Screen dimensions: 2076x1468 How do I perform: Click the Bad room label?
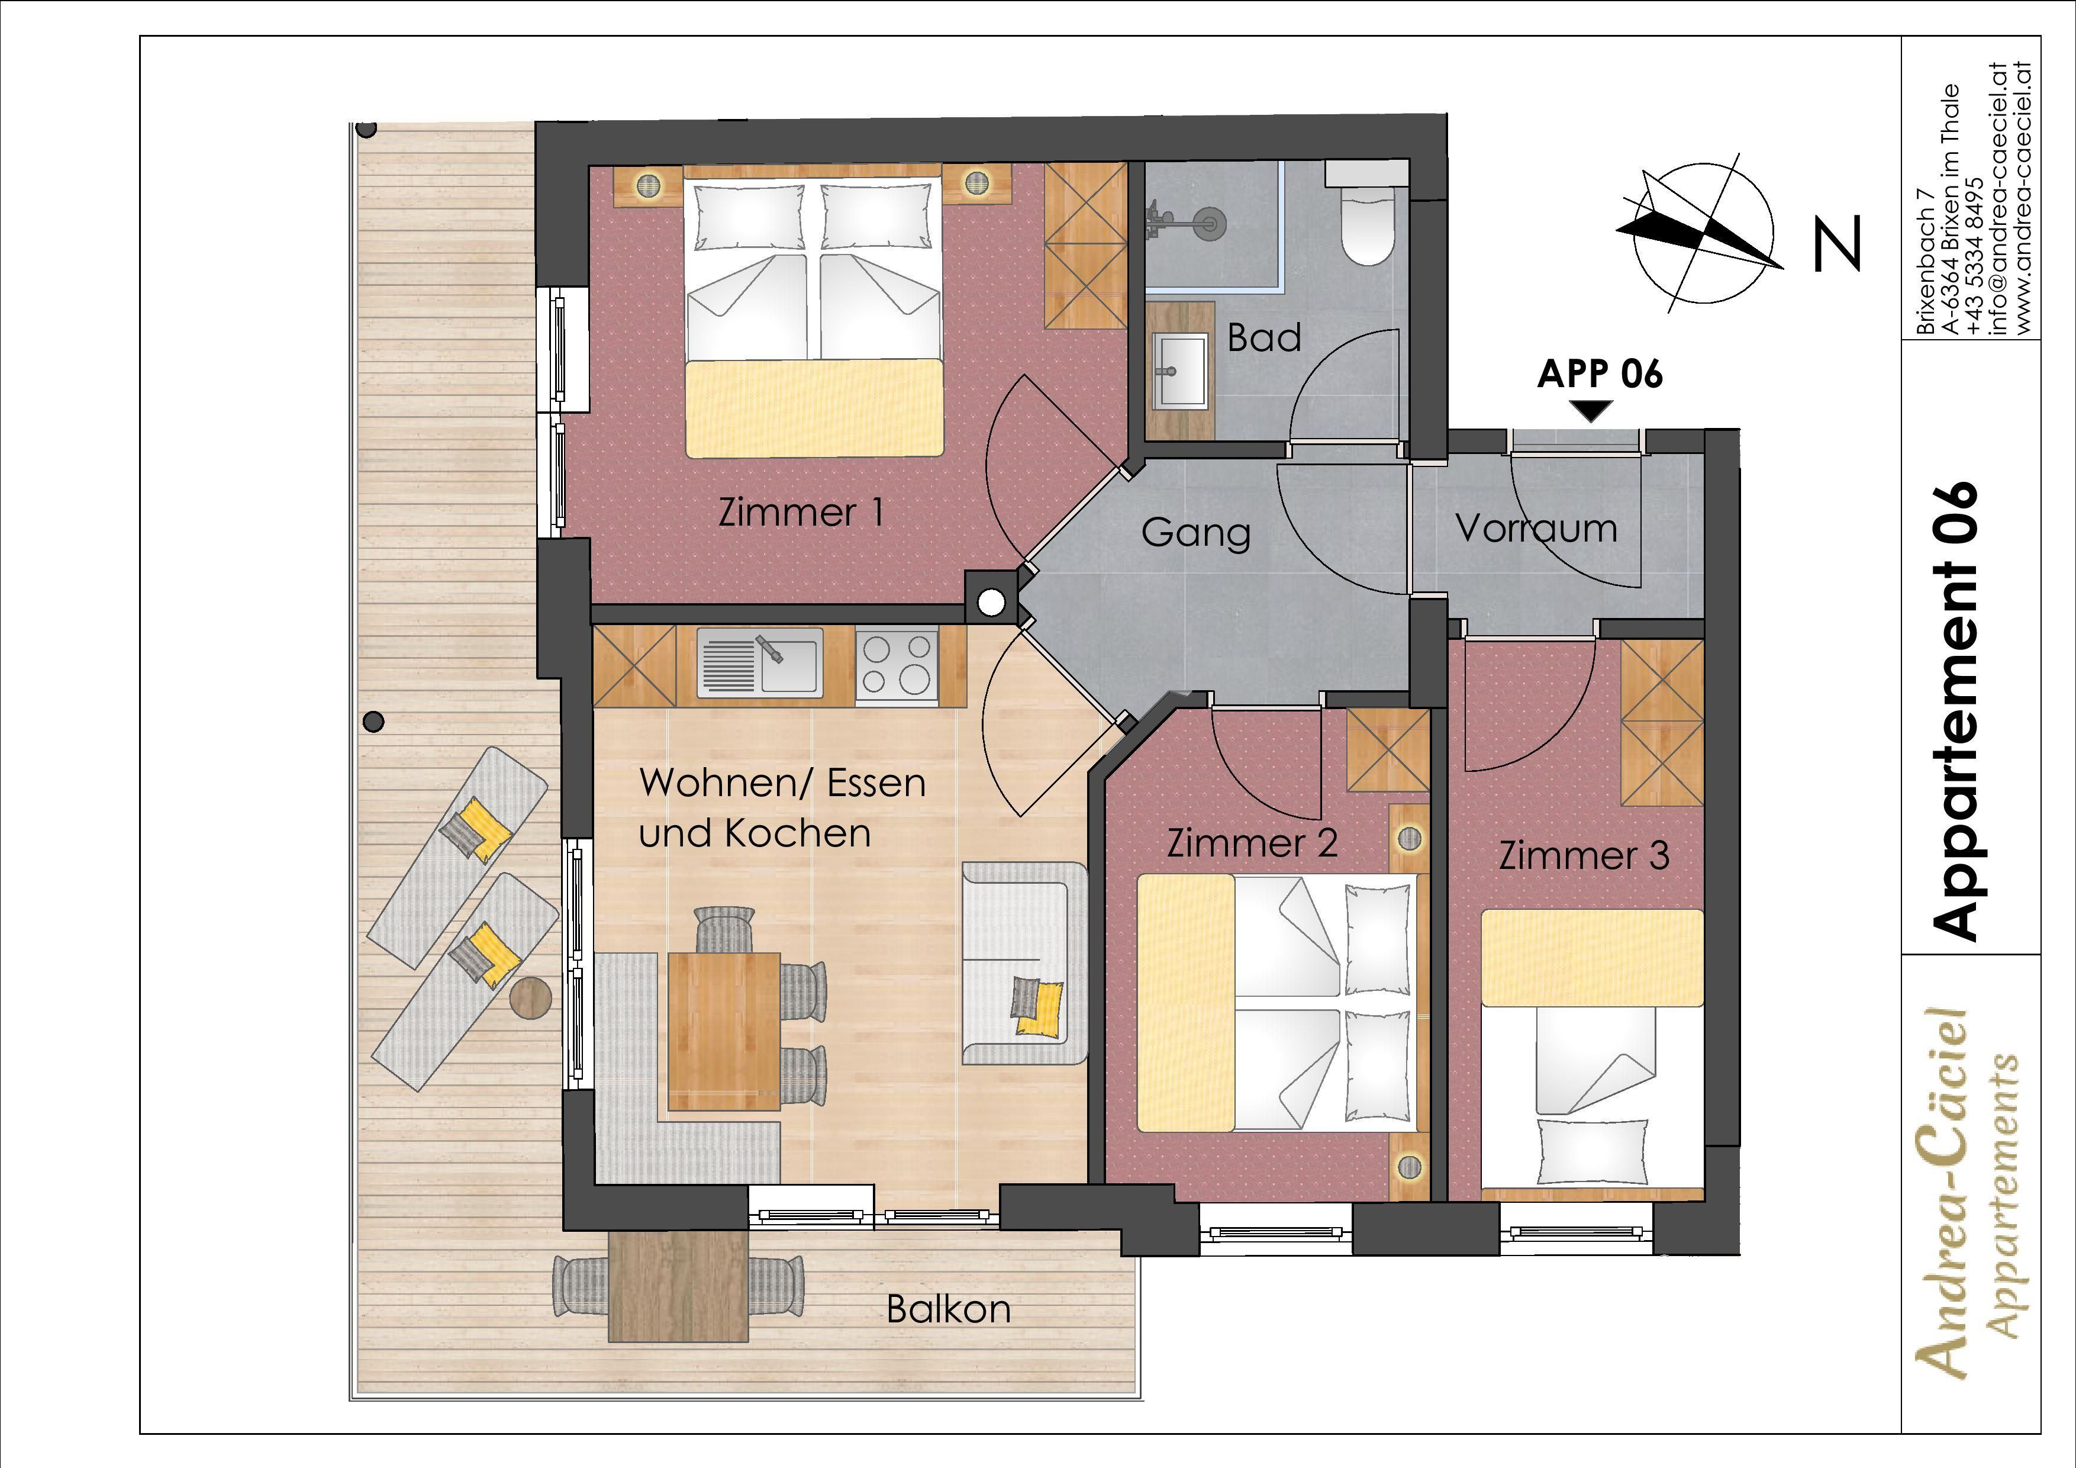coord(1264,338)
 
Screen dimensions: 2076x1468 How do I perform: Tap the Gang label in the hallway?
coord(1195,533)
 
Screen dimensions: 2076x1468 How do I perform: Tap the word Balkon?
coord(949,1309)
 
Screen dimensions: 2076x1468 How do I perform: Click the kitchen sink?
coord(759,663)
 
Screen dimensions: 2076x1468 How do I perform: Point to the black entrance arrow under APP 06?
coord(1593,411)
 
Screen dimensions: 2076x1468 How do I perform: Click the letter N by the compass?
coord(1838,244)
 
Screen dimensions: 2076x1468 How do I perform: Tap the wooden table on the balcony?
coord(678,1286)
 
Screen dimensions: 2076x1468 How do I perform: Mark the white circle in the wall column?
coord(992,601)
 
